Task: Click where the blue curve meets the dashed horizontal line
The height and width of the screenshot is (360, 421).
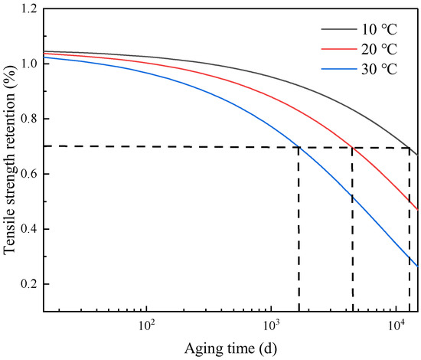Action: [x=299, y=147]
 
